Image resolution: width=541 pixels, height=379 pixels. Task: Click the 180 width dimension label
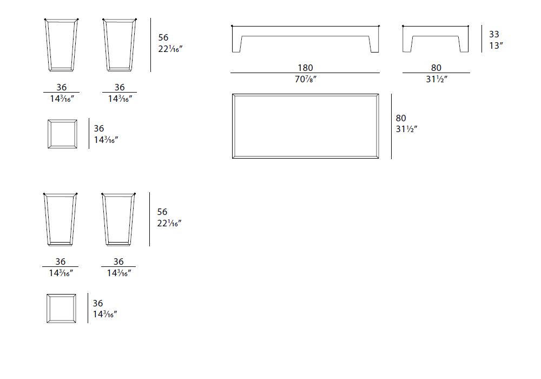click(305, 68)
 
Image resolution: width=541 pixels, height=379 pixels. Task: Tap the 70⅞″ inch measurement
click(306, 79)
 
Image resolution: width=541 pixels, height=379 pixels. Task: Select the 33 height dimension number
click(494, 34)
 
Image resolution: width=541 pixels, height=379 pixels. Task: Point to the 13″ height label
click(496, 45)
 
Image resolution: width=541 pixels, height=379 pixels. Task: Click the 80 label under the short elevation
click(436, 68)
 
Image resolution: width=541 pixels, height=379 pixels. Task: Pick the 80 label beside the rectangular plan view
click(401, 118)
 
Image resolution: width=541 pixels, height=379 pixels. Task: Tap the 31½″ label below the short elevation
click(437, 79)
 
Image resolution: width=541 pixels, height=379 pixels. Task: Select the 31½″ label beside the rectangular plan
click(407, 129)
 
